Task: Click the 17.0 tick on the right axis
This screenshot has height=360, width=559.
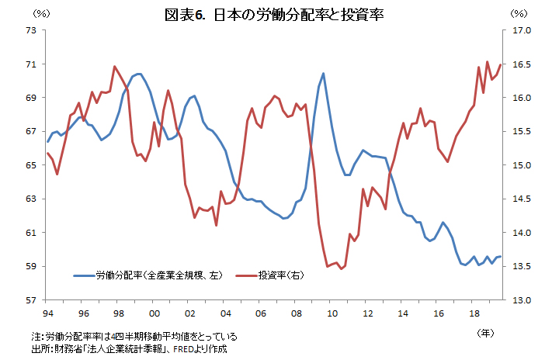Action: [521, 30]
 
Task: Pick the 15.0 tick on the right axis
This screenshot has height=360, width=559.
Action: [521, 165]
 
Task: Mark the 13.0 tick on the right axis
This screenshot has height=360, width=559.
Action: [521, 300]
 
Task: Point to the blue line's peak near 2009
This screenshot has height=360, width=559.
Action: [323, 74]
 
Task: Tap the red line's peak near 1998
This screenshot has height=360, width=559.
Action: [115, 67]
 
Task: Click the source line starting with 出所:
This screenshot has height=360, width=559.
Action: [127, 349]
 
